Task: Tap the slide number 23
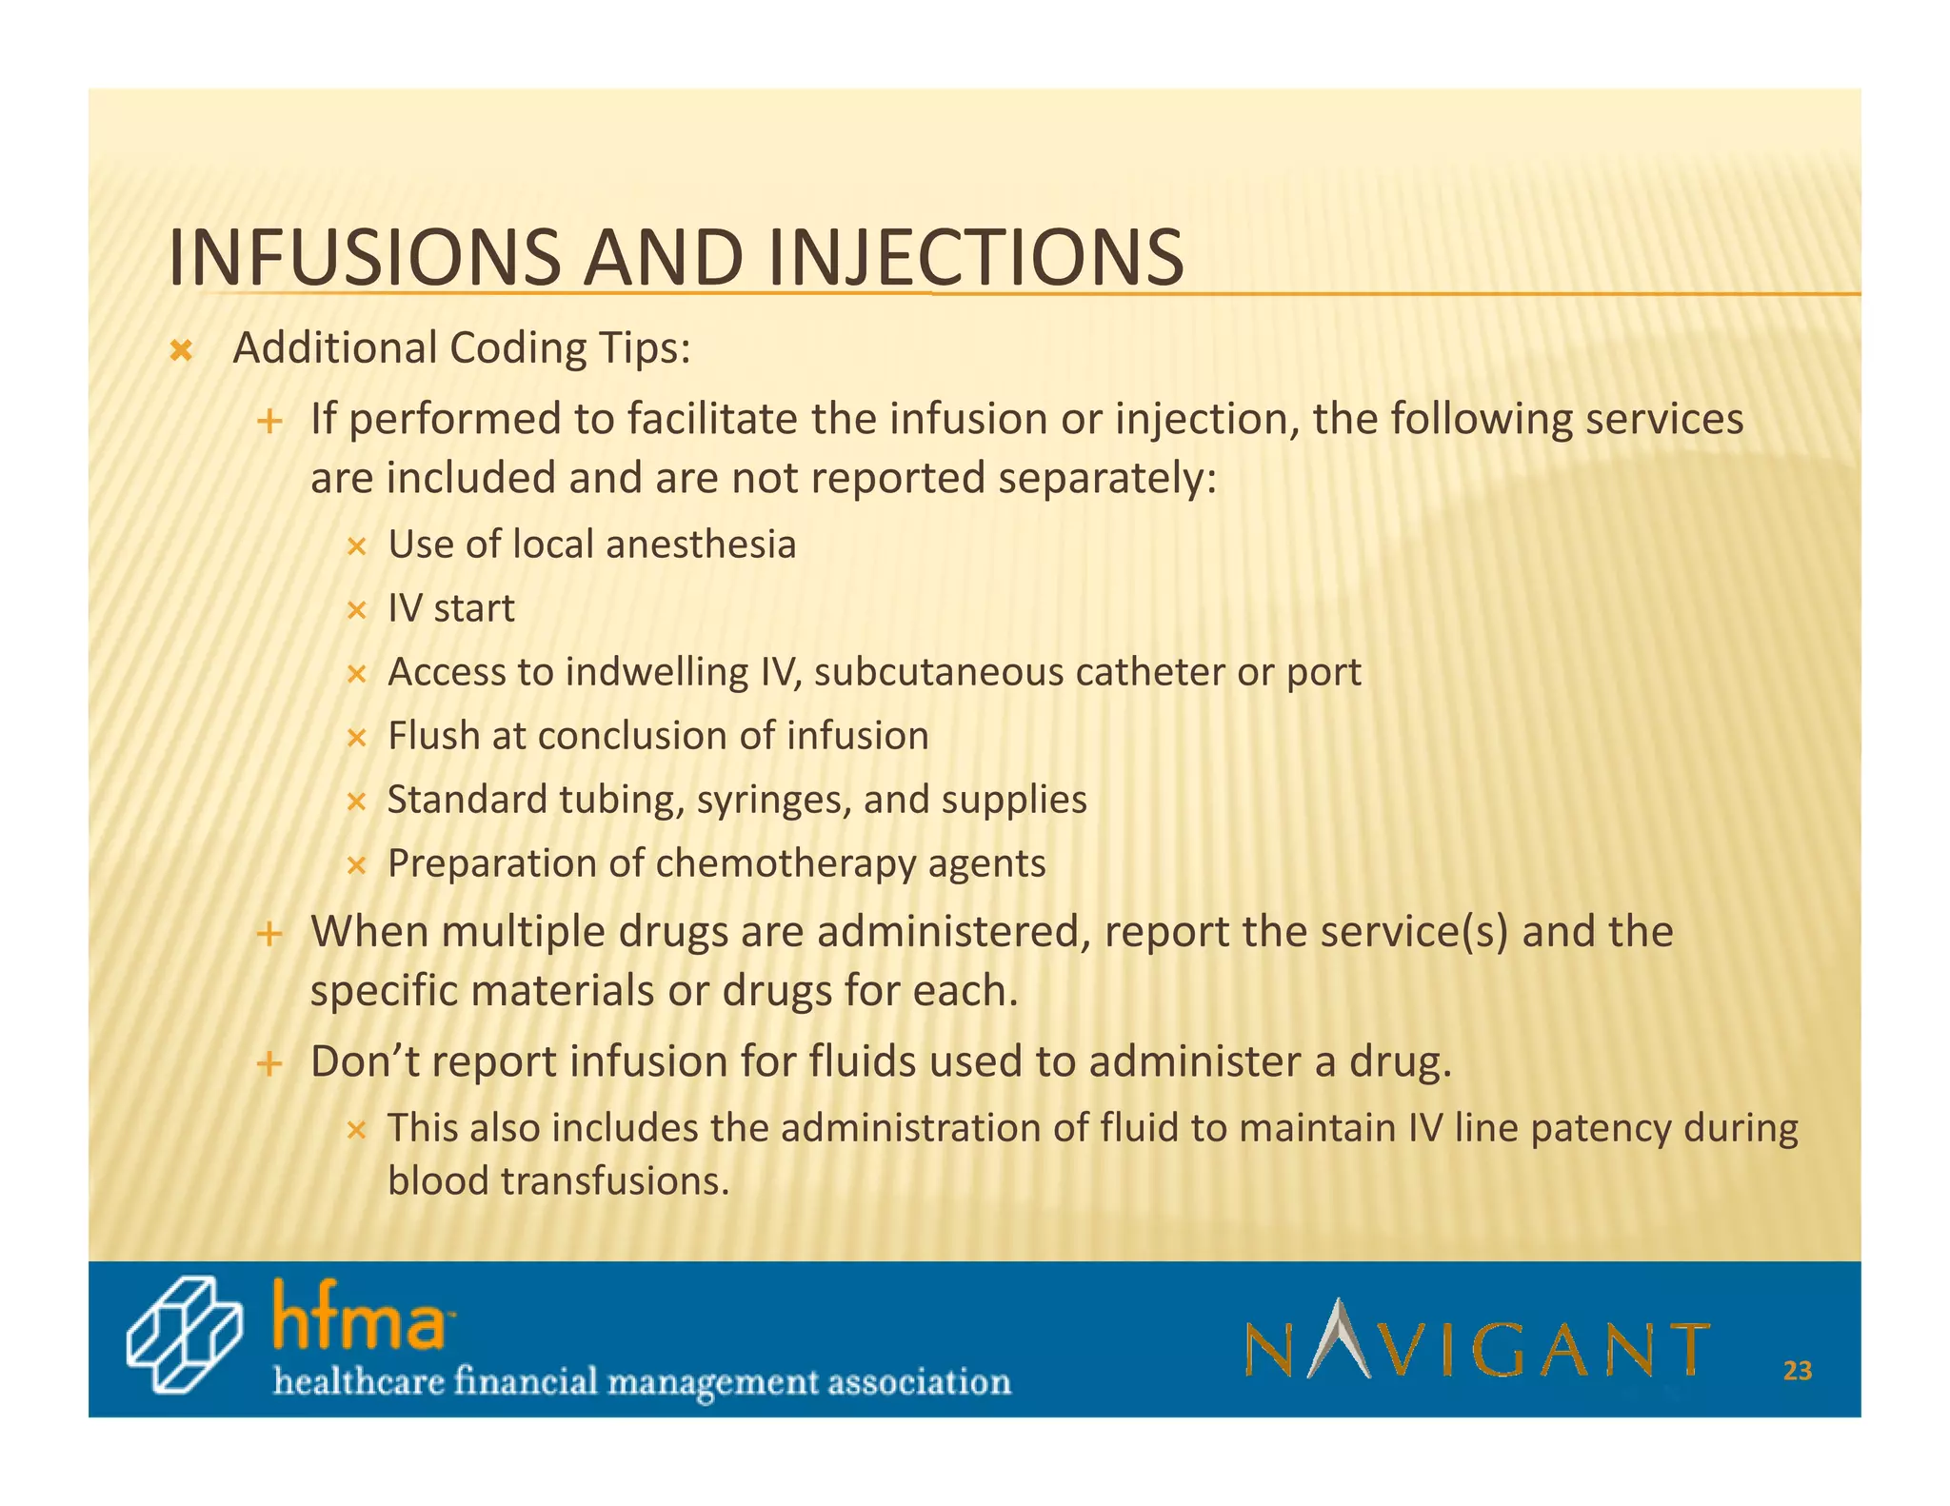tap(1797, 1371)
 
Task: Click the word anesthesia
tap(700, 545)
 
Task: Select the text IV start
tap(450, 608)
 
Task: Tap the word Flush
tap(433, 736)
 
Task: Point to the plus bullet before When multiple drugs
tap(269, 934)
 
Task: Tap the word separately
tap(1106, 478)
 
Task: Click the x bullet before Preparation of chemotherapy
tap(356, 865)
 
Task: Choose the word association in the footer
tap(919, 1381)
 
